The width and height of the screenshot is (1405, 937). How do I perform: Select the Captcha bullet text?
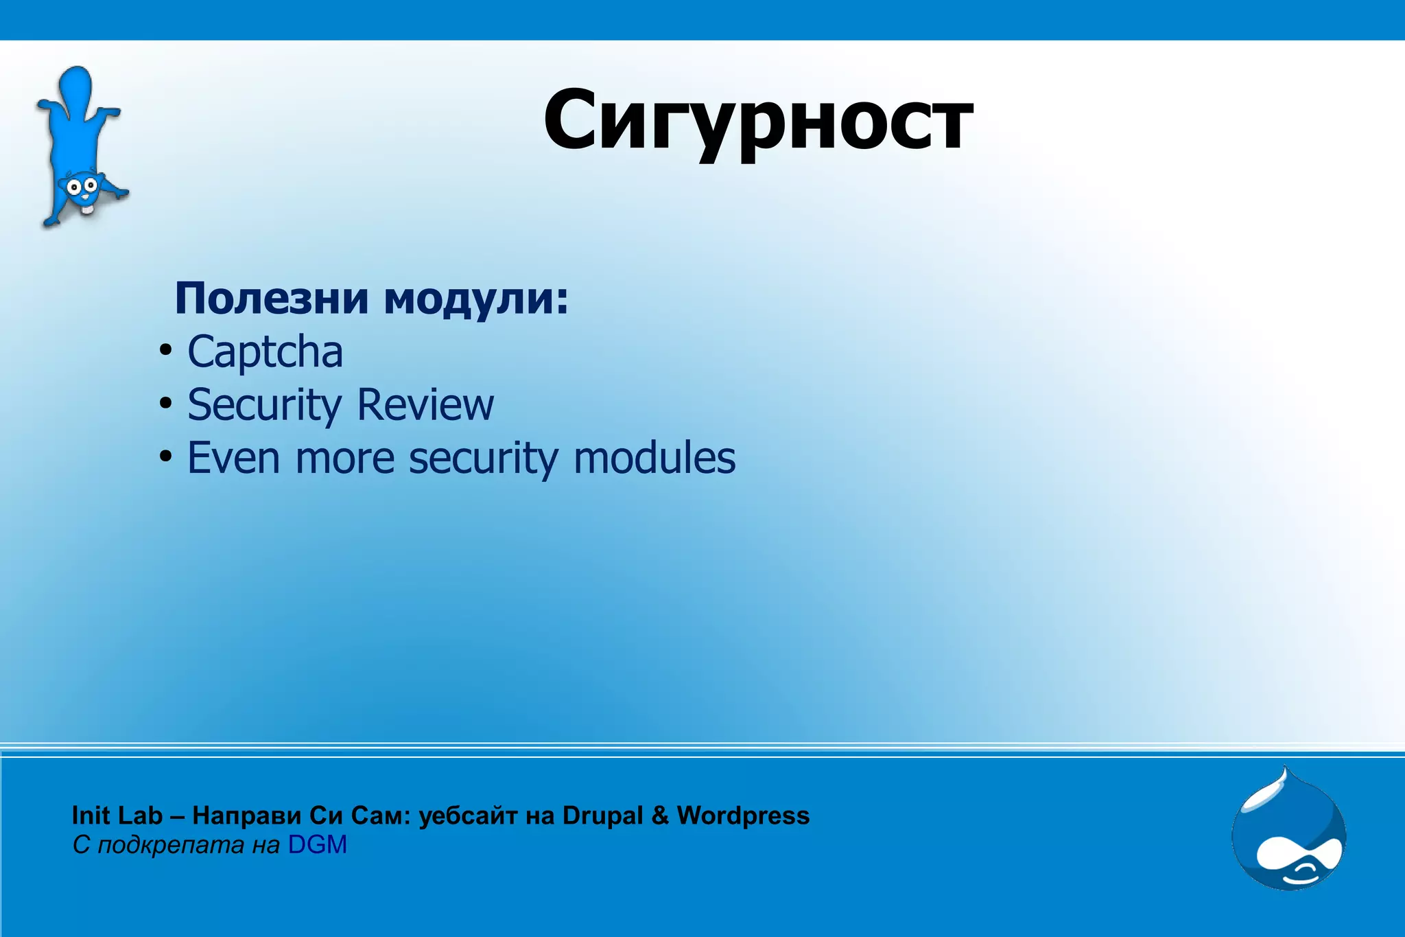point(265,352)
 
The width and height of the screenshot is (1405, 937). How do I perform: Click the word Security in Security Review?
point(264,405)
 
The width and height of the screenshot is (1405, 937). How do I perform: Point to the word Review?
point(425,404)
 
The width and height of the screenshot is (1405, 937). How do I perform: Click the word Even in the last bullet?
point(233,458)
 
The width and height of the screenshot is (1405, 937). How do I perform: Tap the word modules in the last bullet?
point(654,458)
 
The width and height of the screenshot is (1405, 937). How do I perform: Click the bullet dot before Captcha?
point(165,351)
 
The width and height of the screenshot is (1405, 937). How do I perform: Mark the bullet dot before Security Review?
point(165,404)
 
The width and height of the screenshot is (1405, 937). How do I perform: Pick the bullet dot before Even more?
point(165,456)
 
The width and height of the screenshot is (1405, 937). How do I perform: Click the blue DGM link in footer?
point(317,845)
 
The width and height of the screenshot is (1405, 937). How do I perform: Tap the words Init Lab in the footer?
point(117,815)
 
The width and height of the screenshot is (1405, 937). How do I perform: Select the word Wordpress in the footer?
point(743,815)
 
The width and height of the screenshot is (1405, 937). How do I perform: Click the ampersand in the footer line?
point(659,815)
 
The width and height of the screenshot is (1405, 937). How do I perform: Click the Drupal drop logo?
point(1288,831)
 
